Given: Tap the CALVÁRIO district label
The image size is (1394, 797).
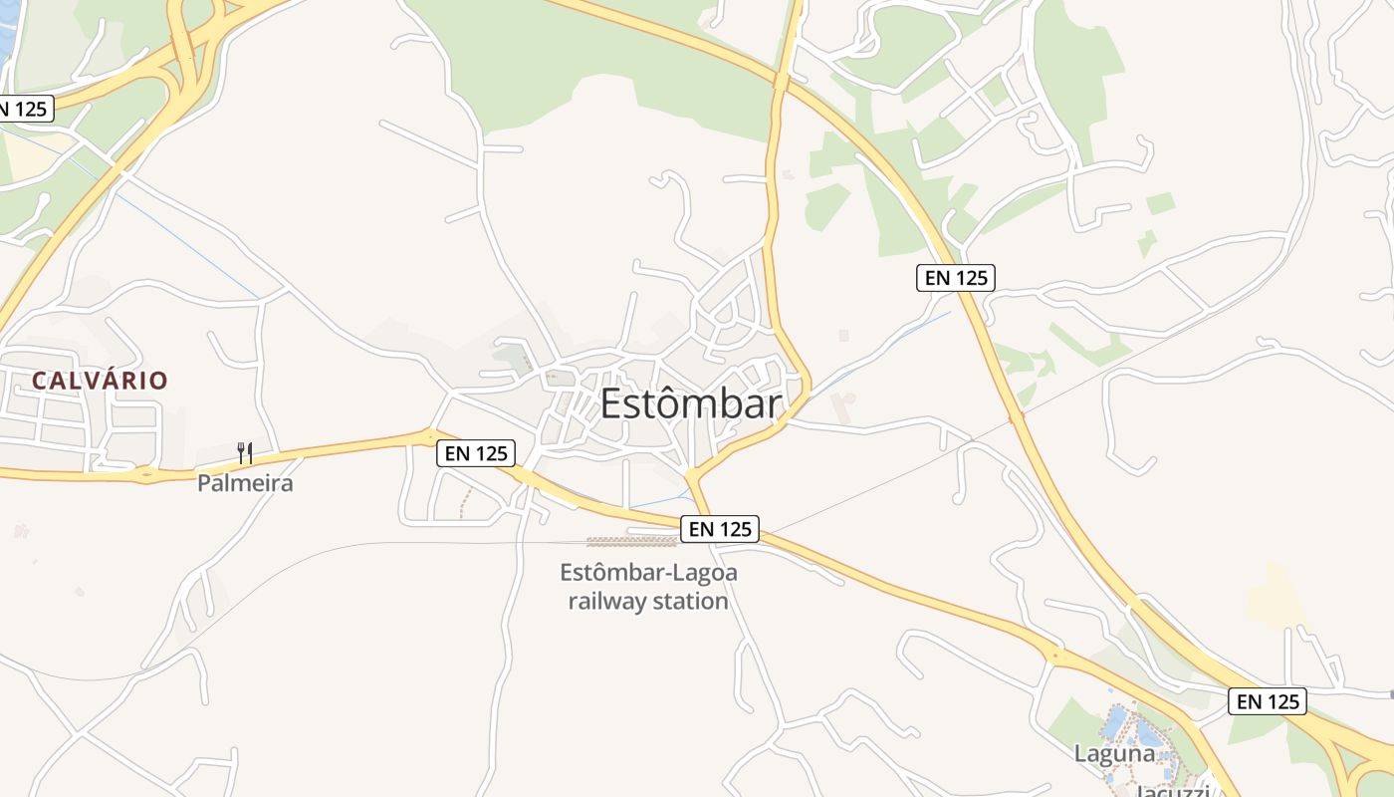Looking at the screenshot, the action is (x=100, y=380).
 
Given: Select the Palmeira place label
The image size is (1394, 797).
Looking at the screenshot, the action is (x=245, y=483).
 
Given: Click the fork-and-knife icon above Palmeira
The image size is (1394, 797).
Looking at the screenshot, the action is (x=245, y=453).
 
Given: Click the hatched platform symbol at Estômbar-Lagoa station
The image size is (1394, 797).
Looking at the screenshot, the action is (x=632, y=542).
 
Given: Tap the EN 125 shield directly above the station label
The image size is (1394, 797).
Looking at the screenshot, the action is (x=719, y=529).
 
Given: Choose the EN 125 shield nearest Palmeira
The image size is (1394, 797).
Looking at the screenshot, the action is (x=476, y=453).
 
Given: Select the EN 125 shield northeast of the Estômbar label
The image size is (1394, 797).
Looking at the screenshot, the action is (x=956, y=278).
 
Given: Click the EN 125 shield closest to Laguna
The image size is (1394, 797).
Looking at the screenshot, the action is (x=1267, y=701).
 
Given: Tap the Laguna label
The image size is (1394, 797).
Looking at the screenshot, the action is (x=1113, y=753).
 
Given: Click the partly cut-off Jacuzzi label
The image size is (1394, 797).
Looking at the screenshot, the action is (x=1172, y=791).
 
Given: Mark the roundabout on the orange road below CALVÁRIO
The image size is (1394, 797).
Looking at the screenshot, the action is (x=146, y=475).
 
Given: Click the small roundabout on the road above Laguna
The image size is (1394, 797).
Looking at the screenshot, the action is (x=1053, y=656).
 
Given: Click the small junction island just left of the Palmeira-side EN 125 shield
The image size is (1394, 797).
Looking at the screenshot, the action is (x=430, y=435).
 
